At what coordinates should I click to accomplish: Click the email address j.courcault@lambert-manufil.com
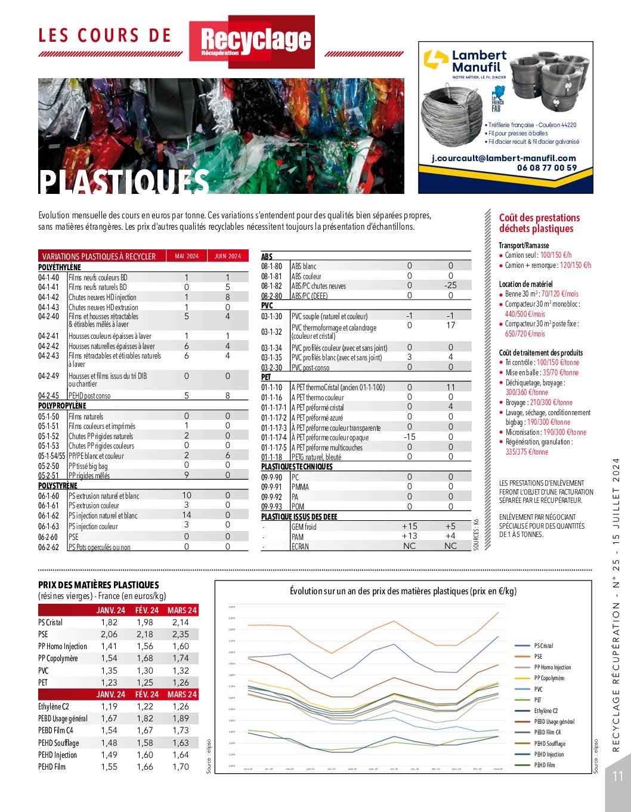pyautogui.click(x=504, y=158)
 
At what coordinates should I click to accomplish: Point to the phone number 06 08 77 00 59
pyautogui.click(x=547, y=168)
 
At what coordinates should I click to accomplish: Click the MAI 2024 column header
pyautogui.click(x=186, y=256)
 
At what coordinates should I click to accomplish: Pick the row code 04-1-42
pyautogui.click(x=49, y=297)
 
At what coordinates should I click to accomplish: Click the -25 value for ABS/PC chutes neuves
pyautogui.click(x=450, y=285)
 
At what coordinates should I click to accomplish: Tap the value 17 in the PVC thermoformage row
pyautogui.click(x=450, y=325)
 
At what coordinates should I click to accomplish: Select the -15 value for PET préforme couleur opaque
pyautogui.click(x=409, y=437)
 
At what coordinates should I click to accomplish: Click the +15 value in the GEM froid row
pyautogui.click(x=410, y=526)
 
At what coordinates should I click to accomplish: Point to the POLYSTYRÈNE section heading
pyautogui.click(x=58, y=486)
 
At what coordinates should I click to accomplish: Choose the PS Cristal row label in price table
pyautogui.click(x=50, y=622)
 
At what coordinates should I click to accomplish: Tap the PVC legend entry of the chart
pyautogui.click(x=538, y=689)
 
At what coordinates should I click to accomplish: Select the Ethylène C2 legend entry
pyautogui.click(x=546, y=711)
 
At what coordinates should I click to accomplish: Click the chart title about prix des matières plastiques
pyautogui.click(x=403, y=591)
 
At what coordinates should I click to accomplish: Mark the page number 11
pyautogui.click(x=617, y=776)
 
